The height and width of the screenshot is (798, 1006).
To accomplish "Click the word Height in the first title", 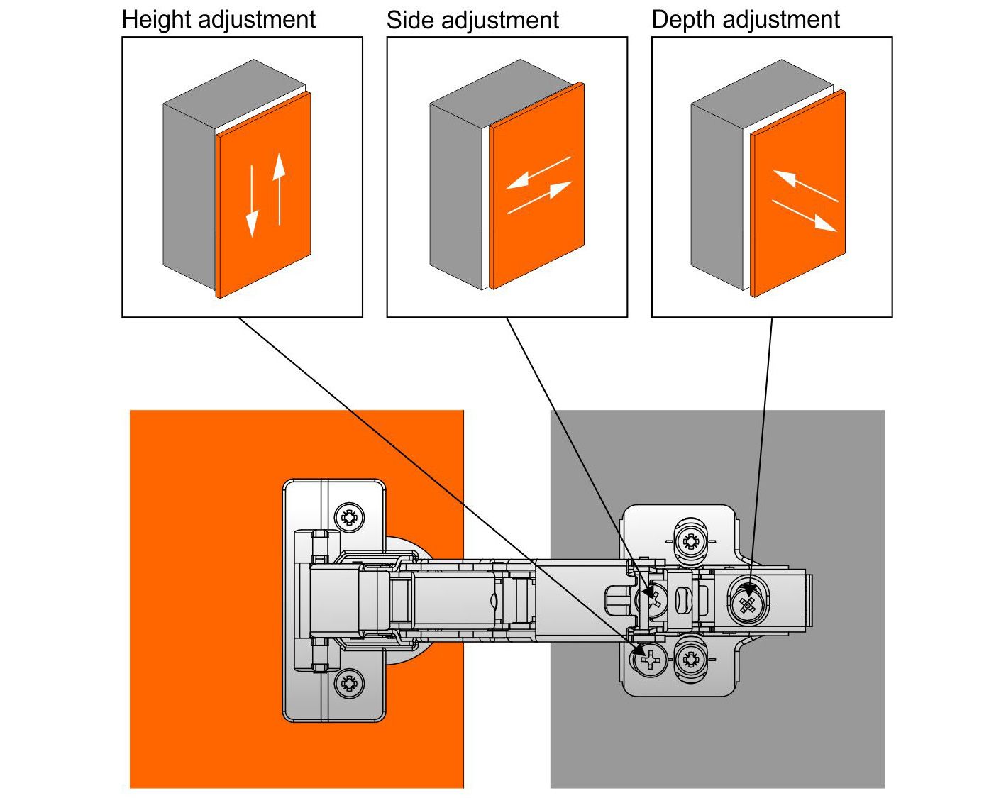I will (x=157, y=19).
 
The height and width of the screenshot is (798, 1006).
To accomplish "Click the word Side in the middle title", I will (x=410, y=20).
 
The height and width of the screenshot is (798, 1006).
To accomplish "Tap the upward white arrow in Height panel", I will (x=280, y=187).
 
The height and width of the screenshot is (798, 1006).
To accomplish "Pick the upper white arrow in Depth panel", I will (x=805, y=186).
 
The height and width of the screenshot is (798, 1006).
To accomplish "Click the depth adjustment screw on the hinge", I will (x=746, y=604).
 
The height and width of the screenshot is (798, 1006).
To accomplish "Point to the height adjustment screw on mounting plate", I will (x=649, y=661).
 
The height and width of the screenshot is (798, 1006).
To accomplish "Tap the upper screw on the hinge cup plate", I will (x=348, y=516).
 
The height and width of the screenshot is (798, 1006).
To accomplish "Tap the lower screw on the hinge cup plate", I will (x=348, y=684).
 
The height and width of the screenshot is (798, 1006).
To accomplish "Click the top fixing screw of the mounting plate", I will (x=690, y=542).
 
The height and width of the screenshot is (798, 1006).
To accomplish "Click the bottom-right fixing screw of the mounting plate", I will (x=690, y=660).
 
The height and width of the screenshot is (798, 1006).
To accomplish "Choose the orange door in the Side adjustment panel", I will (x=537, y=234).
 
